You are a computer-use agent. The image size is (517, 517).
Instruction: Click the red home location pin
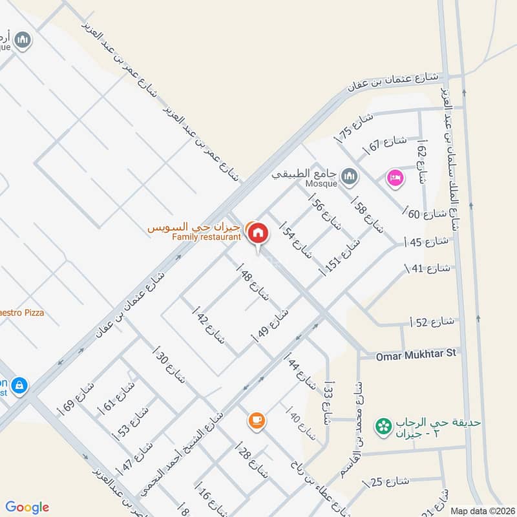(x=258, y=234)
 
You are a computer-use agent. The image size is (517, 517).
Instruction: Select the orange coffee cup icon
(x=256, y=421)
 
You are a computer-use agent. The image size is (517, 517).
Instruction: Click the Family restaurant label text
(x=206, y=237)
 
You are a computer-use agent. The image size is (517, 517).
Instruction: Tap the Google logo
(x=27, y=507)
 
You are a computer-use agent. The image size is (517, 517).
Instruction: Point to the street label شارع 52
(x=433, y=322)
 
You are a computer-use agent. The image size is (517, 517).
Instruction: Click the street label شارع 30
(x=169, y=365)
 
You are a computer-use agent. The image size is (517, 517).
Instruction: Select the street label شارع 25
(x=388, y=481)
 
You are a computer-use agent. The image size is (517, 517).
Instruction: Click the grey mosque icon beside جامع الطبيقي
(x=350, y=176)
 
